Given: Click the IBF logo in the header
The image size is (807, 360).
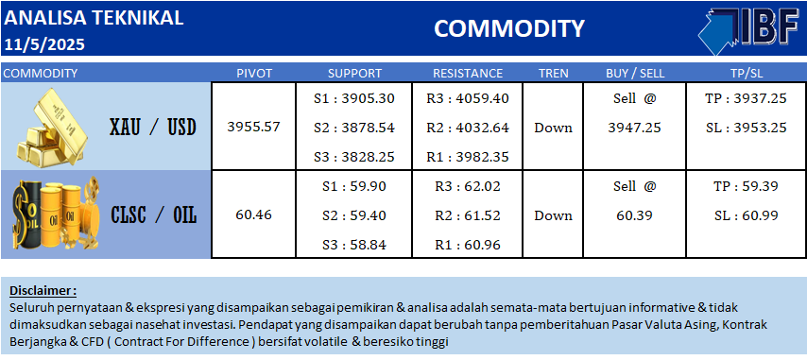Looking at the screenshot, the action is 748,31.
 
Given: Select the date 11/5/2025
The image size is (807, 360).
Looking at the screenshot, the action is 44,44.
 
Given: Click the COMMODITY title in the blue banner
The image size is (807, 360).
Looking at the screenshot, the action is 509,28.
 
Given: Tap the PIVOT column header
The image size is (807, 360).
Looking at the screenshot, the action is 254,73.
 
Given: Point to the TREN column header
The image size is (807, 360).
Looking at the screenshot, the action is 553,73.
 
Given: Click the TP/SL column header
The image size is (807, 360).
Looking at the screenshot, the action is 746,73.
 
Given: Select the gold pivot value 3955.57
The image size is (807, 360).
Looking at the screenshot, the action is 254,127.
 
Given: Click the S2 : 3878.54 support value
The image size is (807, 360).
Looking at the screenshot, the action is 354,127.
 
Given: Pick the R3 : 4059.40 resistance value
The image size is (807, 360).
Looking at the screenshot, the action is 468,97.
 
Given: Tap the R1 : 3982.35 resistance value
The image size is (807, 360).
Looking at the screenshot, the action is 468,157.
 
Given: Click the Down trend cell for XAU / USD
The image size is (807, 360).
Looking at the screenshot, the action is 553,128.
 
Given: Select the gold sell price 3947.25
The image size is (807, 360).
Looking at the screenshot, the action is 635,128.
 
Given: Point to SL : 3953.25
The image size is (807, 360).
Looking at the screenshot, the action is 747,128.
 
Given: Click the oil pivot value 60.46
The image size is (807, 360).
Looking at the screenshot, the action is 254,215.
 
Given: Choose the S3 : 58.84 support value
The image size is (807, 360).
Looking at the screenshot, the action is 354,246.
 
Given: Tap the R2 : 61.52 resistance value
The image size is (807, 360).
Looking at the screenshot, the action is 468,215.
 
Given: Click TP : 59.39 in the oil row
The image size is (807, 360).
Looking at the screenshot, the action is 747,185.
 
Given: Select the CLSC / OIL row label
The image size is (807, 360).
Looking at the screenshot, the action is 154,215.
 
